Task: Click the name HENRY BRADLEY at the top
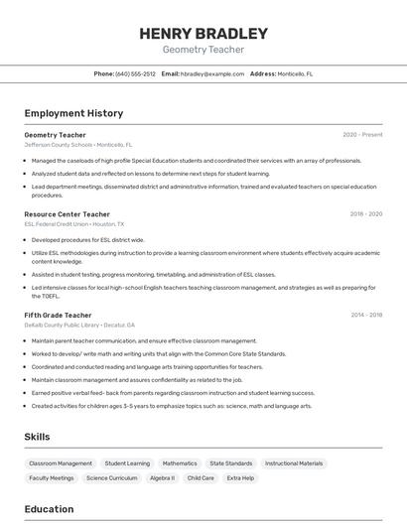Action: point(203,33)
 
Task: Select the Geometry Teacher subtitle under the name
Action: point(203,50)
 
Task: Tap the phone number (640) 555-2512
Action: point(135,73)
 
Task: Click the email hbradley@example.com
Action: point(211,73)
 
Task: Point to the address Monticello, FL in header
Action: point(295,73)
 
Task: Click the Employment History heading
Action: point(73,113)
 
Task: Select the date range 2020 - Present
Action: point(362,134)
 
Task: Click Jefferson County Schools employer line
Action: point(78,144)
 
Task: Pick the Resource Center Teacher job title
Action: point(68,213)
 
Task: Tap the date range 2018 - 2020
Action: point(365,213)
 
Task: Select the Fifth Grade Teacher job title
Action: point(58,315)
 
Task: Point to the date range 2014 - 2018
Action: point(365,315)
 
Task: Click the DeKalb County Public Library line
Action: point(79,325)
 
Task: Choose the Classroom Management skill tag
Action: point(61,463)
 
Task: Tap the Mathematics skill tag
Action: point(180,463)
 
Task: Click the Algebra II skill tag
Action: point(162,478)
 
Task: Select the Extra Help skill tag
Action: point(240,478)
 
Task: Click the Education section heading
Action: point(50,509)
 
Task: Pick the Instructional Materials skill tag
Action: point(294,463)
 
